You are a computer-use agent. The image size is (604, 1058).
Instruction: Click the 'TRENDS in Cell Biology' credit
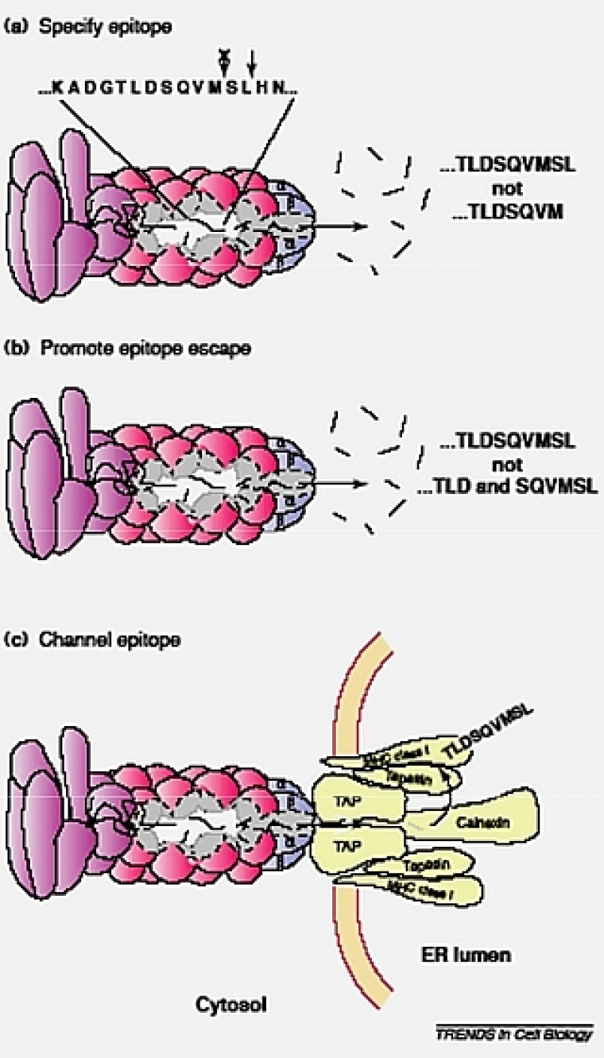(514, 1033)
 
